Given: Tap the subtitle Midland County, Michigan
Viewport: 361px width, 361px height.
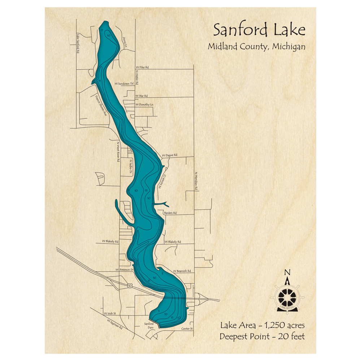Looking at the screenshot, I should (256, 47).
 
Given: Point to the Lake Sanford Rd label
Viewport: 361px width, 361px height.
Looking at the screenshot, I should (78, 44).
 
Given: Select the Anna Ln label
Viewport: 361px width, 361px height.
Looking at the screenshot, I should (125, 42).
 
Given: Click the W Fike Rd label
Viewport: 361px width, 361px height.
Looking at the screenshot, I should (142, 67).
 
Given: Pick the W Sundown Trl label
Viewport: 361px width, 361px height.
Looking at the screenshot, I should (124, 83).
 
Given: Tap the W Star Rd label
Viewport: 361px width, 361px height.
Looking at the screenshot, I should (142, 96).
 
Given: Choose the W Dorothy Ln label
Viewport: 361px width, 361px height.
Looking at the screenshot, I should (144, 105).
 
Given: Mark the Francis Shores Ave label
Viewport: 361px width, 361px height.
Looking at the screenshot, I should (101, 105).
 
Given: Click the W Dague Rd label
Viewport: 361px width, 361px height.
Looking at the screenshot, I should (169, 155).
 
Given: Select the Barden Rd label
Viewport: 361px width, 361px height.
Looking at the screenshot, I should (170, 213).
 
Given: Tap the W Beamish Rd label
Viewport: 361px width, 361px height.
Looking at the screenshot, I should (182, 271).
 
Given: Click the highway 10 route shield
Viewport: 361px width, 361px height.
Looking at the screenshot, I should (129, 286).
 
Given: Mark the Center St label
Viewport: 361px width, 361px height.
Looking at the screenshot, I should (187, 329).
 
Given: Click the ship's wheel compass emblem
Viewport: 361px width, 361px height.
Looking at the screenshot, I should (287, 297).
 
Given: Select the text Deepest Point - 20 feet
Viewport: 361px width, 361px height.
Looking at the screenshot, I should (262, 336).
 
